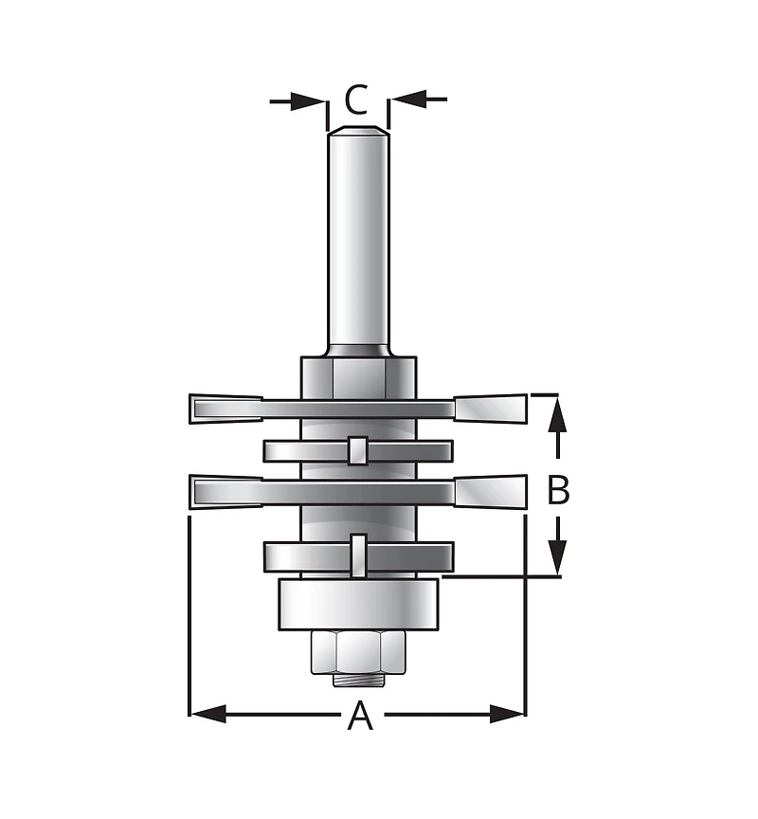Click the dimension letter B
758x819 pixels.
(x=559, y=490)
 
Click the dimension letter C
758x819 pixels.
(x=356, y=100)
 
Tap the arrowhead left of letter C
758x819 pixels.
(x=312, y=100)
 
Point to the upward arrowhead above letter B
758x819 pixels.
(x=559, y=415)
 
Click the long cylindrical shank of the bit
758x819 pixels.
(x=357, y=237)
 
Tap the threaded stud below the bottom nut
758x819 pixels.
(x=357, y=679)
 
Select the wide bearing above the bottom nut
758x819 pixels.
(x=357, y=604)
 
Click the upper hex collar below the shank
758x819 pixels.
(x=357, y=376)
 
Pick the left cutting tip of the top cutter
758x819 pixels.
(x=226, y=409)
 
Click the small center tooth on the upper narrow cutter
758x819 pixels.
(x=357, y=450)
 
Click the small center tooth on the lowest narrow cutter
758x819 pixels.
(x=357, y=555)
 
